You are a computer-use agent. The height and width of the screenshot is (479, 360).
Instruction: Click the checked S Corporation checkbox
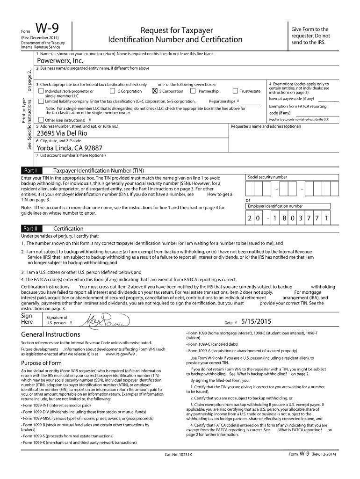(155, 91)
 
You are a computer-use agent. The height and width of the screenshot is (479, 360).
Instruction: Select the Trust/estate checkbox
(235, 91)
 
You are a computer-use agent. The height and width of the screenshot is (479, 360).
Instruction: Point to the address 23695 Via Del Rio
(65, 133)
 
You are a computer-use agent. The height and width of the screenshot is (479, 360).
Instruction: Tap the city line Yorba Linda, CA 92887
(73, 148)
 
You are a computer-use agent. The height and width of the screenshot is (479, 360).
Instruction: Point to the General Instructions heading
(50, 334)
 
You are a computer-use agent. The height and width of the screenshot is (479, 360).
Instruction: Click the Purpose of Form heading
(42, 363)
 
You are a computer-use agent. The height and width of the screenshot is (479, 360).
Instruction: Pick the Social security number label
(267, 177)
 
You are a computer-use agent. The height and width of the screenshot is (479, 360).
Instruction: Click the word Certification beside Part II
(68, 229)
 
